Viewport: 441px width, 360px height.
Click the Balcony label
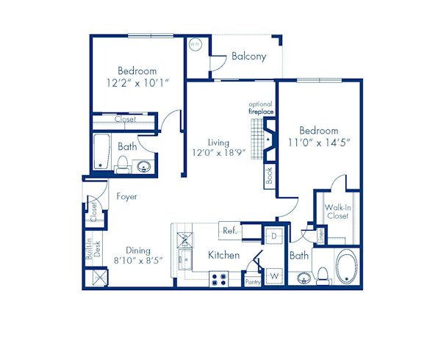248,57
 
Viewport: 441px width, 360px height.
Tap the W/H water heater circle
195,45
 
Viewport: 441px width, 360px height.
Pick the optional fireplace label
261,107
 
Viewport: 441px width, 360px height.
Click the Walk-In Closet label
337,212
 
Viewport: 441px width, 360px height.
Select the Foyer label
127,197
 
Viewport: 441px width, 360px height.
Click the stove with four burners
219,279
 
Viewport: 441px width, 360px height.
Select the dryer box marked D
272,236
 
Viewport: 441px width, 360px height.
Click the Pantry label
252,281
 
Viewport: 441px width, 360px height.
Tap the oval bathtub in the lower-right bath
346,268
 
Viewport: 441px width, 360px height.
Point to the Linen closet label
320,236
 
